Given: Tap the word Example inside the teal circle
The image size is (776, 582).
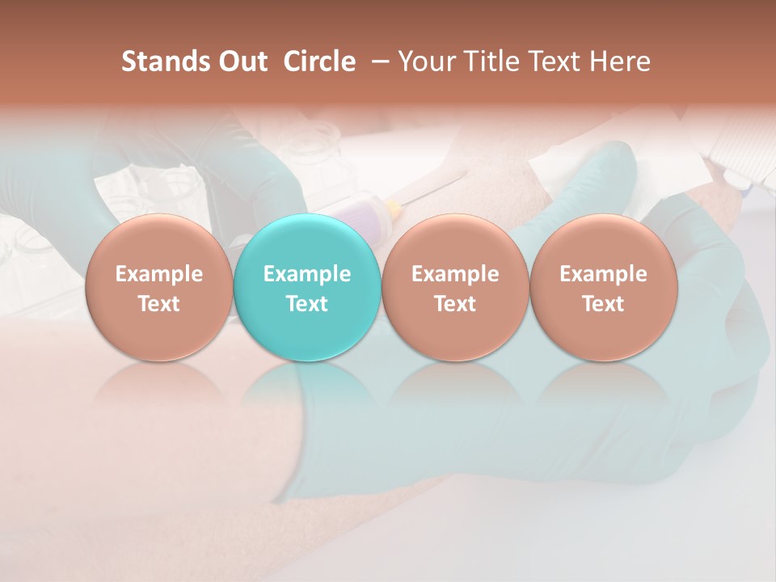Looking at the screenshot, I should [307, 274].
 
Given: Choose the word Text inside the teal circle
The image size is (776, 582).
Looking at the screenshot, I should [307, 304].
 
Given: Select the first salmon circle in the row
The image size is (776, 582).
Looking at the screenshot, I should [158, 287].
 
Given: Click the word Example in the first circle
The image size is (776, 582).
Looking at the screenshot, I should [159, 274].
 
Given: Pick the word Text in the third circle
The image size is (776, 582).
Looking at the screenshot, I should [455, 304].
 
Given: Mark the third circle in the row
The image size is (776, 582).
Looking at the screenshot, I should [455, 287].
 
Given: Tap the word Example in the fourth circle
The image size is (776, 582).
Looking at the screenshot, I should [603, 274].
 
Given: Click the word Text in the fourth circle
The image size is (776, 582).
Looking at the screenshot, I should [603, 304].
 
